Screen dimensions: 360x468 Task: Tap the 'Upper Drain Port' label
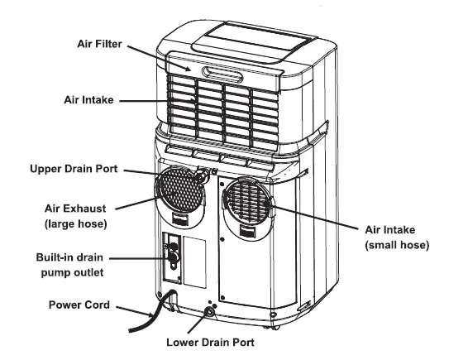[74, 169]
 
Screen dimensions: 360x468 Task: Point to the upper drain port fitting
[199, 175]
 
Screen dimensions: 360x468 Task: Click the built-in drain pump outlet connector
[174, 257]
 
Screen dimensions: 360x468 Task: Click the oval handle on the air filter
[222, 76]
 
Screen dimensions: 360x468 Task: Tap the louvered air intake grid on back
[223, 108]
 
